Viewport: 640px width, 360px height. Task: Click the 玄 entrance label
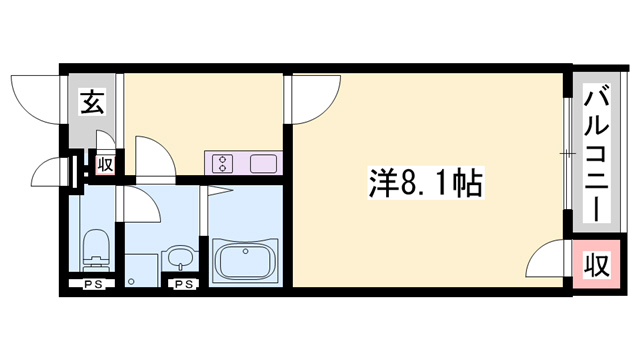click(x=91, y=102)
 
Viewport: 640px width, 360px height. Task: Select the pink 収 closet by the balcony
click(x=596, y=265)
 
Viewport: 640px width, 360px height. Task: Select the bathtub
click(x=244, y=260)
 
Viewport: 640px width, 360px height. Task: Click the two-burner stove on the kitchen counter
click(x=222, y=161)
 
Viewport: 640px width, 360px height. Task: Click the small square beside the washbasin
click(x=142, y=268)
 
